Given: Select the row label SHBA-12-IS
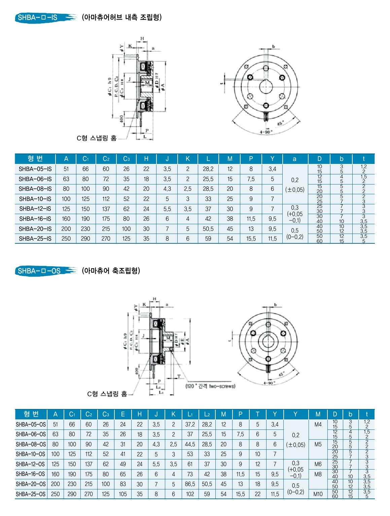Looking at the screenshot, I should [35, 209].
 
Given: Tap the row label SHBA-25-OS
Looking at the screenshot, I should [30, 494].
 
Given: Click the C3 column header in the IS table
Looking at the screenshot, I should [126, 159].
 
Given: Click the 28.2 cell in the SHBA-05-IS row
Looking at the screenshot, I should [208, 169].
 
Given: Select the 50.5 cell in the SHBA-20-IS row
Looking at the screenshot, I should [208, 229].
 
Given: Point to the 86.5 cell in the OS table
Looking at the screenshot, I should [190, 484].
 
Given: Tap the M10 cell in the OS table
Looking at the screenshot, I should [318, 494].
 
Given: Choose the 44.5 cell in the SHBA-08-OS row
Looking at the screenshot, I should [190, 444].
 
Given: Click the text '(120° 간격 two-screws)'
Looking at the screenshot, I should [210, 386].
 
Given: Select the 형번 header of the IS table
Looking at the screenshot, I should [35, 159].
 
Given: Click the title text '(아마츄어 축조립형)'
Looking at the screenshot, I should [111, 271].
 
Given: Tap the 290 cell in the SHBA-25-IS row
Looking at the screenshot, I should [85, 239].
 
